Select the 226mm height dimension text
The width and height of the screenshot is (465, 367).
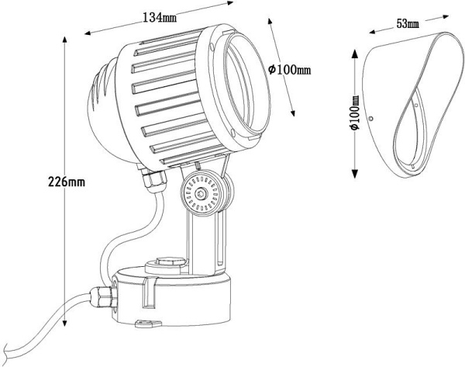[x=67, y=182]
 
